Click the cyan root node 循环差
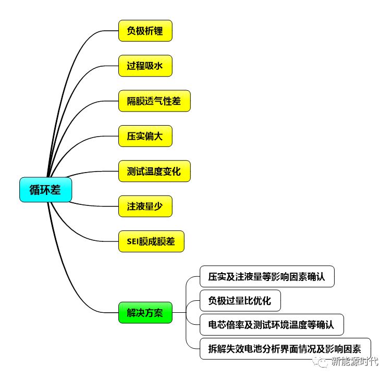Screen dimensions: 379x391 coord(45,190)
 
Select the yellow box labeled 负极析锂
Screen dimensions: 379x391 coord(145,31)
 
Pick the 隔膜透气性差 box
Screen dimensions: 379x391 coord(154,101)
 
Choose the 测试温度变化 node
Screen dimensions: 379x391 coord(154,171)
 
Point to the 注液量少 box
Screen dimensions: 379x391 coord(145,206)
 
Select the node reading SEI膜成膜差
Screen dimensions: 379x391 coord(152,241)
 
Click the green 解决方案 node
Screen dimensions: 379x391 coord(145,313)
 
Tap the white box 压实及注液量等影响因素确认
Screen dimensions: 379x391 coord(267,276)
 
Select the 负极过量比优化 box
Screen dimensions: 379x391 coord(240,301)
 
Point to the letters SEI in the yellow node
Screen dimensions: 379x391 coord(133,241)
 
